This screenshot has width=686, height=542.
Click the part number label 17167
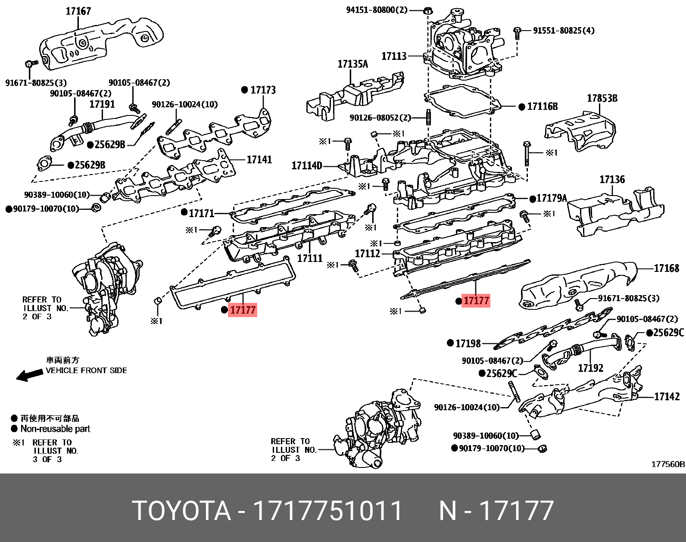pos(78,11)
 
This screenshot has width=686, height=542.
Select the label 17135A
pos(352,64)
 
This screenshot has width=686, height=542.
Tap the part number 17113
pos(394,56)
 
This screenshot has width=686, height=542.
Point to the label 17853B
pos(602,98)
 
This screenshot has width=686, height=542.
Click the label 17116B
pos(542,106)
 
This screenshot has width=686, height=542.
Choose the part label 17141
pos(259,159)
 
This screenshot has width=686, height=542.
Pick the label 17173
pos(262,90)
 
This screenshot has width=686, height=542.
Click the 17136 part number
pos(612,179)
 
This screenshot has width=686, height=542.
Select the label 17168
pos(666,268)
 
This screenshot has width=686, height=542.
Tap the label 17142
pos(667,396)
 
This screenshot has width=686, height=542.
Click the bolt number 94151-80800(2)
pos(377,10)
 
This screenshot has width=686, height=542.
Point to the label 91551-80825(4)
pos(564,31)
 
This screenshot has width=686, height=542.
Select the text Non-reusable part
pos(55,429)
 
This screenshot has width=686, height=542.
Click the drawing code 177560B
pos(667,464)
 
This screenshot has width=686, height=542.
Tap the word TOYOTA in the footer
pos(181,511)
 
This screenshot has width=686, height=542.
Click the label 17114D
pos(306,166)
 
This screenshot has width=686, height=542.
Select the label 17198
pos(468,343)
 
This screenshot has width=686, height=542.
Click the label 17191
pos(102,104)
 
